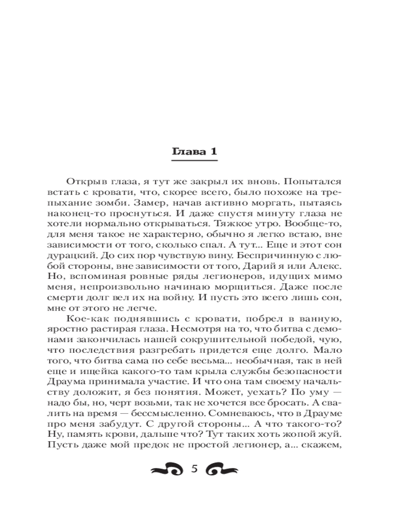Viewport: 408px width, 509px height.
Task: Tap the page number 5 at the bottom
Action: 194,468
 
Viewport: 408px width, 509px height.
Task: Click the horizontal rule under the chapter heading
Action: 193,161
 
